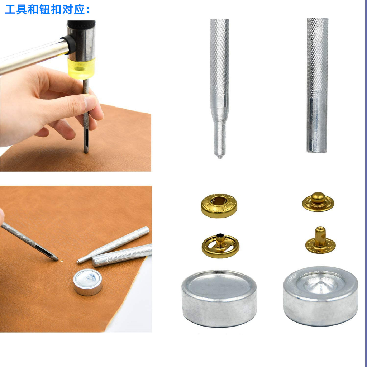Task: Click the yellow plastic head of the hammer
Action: click(x=81, y=68)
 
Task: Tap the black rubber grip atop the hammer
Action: click(x=81, y=25)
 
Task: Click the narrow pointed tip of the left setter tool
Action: click(x=220, y=156)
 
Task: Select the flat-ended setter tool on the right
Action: click(x=318, y=85)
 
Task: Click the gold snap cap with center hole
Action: click(x=219, y=205)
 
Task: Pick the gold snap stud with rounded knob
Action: click(x=318, y=202)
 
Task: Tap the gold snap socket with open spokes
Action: click(x=220, y=246)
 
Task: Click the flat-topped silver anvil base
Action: click(x=219, y=299)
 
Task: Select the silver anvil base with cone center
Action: click(x=321, y=296)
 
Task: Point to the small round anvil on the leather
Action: click(x=88, y=282)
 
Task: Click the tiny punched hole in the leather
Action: click(x=62, y=261)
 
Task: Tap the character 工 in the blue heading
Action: click(x=10, y=10)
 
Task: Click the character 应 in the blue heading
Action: click(x=79, y=10)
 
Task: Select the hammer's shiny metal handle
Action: click(x=33, y=56)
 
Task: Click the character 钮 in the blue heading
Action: click(x=44, y=10)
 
